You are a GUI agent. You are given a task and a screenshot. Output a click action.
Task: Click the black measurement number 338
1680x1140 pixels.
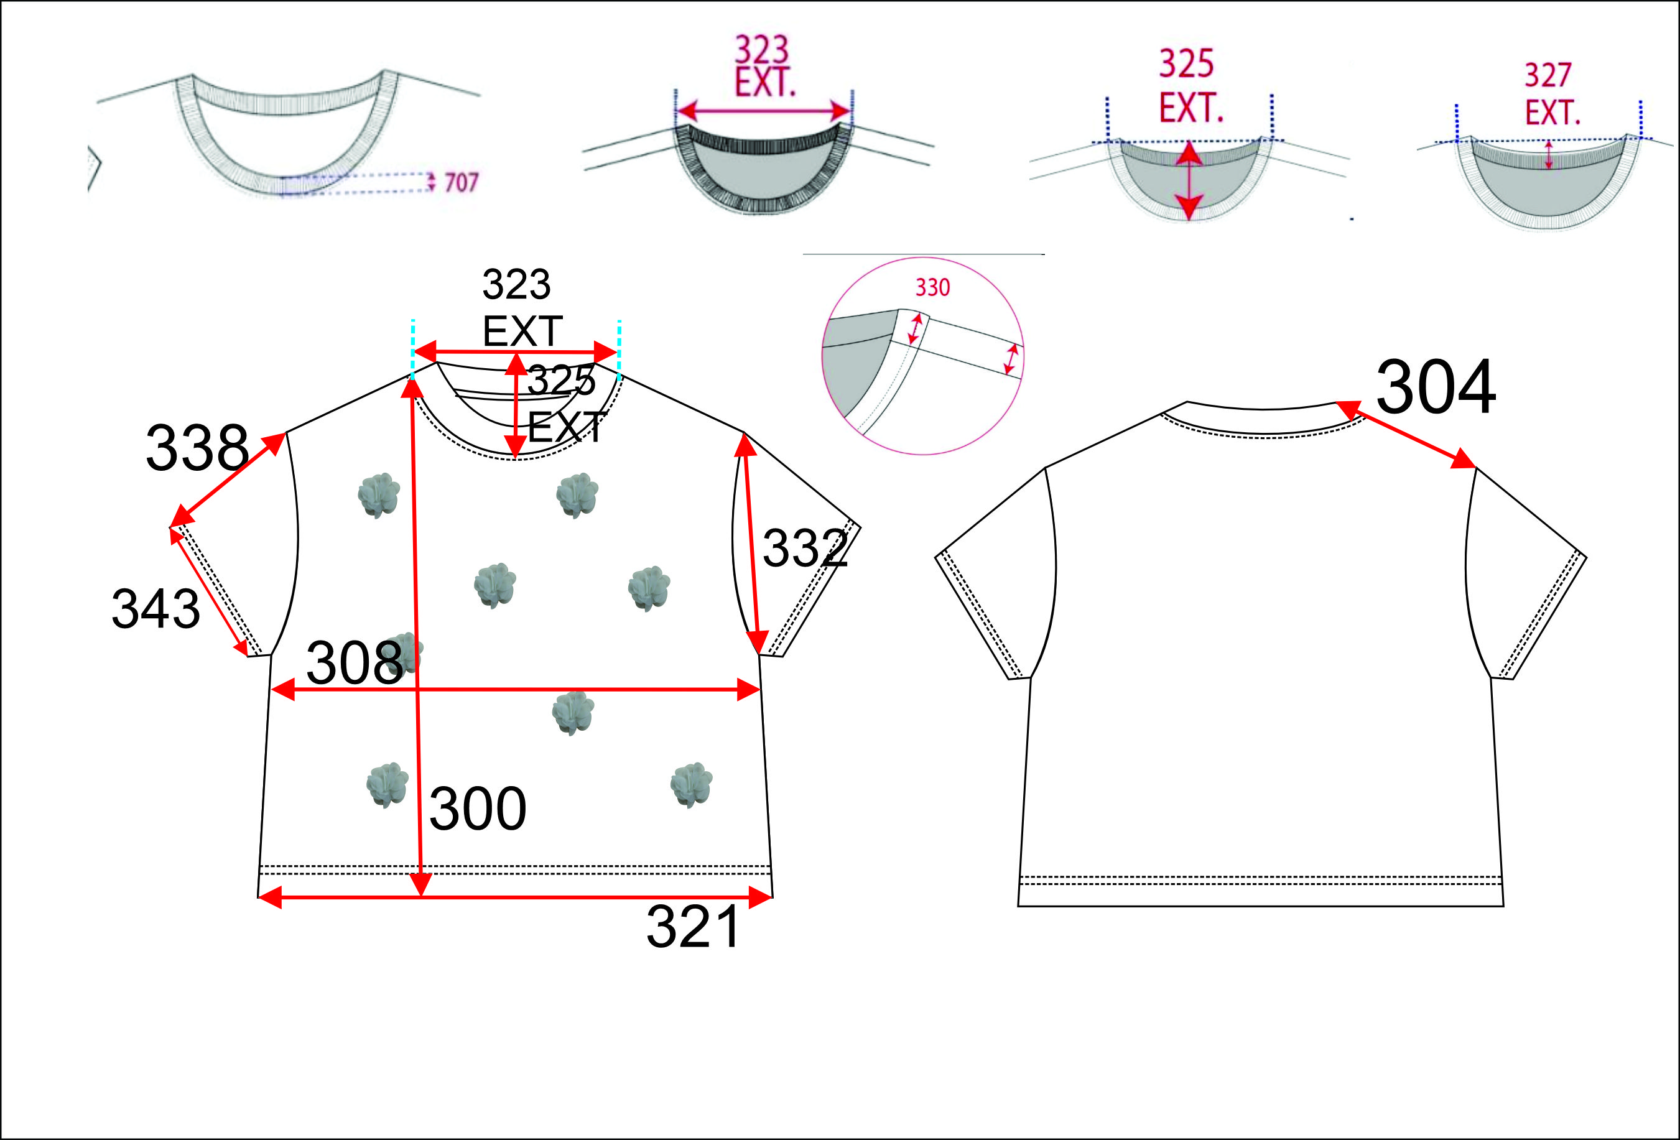click(x=197, y=448)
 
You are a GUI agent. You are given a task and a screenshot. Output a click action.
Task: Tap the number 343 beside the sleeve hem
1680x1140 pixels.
click(x=155, y=609)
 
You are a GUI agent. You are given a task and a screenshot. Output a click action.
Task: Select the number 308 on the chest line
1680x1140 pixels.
click(x=354, y=663)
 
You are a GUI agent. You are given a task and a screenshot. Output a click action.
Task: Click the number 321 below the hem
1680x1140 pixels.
click(x=692, y=927)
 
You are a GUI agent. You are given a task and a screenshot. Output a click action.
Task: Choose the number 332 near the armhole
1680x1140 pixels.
click(x=805, y=548)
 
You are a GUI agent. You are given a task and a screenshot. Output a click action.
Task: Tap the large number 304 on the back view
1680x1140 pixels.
click(x=1435, y=388)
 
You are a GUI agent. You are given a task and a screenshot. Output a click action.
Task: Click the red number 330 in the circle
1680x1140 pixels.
click(x=932, y=288)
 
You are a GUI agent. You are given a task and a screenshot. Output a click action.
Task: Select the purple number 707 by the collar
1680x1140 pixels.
click(x=461, y=182)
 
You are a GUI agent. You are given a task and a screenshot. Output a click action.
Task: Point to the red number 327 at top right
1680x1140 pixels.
click(x=1548, y=75)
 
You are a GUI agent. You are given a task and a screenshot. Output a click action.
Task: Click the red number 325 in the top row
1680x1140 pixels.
click(x=1186, y=63)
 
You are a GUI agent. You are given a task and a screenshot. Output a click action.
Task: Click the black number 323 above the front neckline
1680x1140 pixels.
click(x=516, y=284)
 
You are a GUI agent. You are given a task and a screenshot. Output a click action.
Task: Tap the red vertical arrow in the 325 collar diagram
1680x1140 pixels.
click(x=1189, y=181)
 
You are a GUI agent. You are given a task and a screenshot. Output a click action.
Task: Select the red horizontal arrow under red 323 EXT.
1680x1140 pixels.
click(x=763, y=111)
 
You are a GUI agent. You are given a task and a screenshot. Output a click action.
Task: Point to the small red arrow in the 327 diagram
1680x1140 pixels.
click(x=1548, y=155)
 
